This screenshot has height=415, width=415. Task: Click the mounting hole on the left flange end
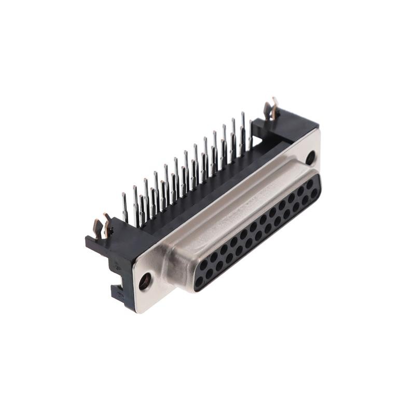pyautogui.click(x=145, y=281)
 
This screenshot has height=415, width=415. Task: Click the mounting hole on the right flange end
pyautogui.click(x=310, y=157)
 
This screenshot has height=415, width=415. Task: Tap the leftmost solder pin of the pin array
pyautogui.click(x=125, y=208)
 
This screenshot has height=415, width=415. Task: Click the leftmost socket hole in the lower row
pyautogui.click(x=199, y=283)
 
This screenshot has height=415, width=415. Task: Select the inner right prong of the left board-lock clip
pyautogui.click(x=107, y=223)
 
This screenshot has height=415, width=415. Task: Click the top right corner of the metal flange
pyautogui.click(x=318, y=130)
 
